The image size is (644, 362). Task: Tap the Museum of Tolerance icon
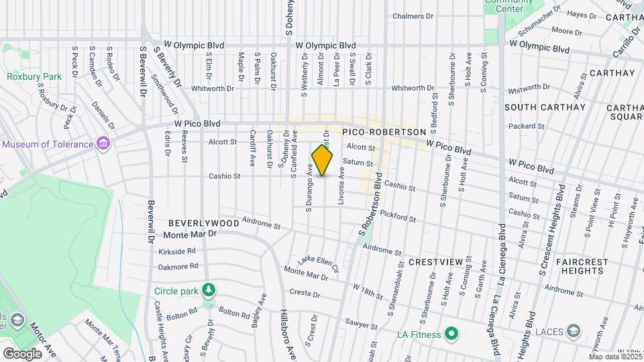[x=103, y=144]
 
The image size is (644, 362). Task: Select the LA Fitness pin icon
[x=451, y=334]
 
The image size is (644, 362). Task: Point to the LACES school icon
[x=574, y=330]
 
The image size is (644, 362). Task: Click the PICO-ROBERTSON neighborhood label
[x=384, y=133]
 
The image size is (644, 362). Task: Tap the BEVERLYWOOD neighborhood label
[x=203, y=223]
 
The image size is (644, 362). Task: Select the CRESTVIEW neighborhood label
[x=432, y=262]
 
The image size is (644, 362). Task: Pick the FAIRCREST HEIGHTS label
[x=574, y=266]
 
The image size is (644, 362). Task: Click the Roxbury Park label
[x=34, y=76]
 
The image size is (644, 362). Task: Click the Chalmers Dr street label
[x=413, y=16]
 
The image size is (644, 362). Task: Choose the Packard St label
[x=526, y=126]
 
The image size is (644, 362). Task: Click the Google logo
[x=22, y=353]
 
